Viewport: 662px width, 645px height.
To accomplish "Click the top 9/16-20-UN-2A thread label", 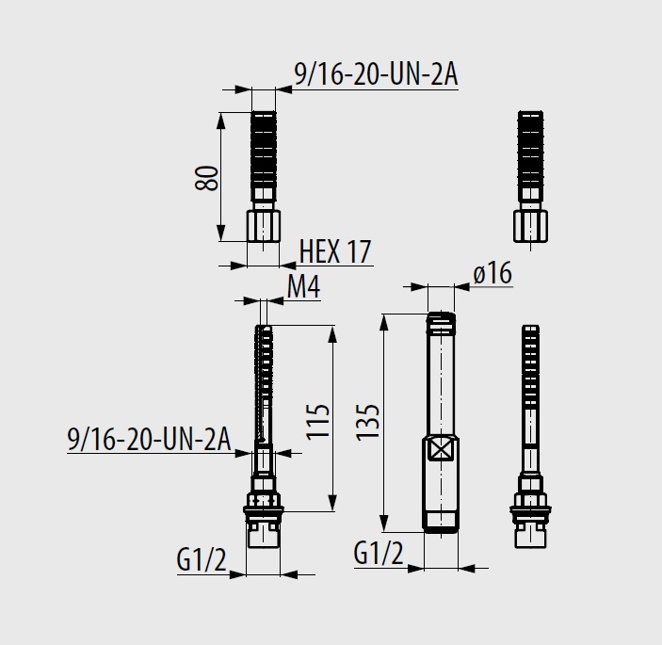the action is point(376,75).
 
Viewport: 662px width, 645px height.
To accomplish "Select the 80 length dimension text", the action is point(207,178).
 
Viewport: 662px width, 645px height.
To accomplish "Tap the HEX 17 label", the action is point(335,252).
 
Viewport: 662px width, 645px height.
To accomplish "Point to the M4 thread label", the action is point(303,287).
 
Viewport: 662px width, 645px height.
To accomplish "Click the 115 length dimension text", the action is point(318,422).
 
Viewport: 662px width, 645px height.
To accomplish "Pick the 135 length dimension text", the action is point(368,423).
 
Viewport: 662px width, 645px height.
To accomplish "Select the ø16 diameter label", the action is point(492,273).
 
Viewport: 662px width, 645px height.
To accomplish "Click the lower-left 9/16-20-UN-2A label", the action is point(149,439).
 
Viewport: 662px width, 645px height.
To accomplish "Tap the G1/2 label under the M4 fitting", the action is point(202,560).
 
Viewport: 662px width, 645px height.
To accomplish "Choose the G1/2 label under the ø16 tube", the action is point(379,554).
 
